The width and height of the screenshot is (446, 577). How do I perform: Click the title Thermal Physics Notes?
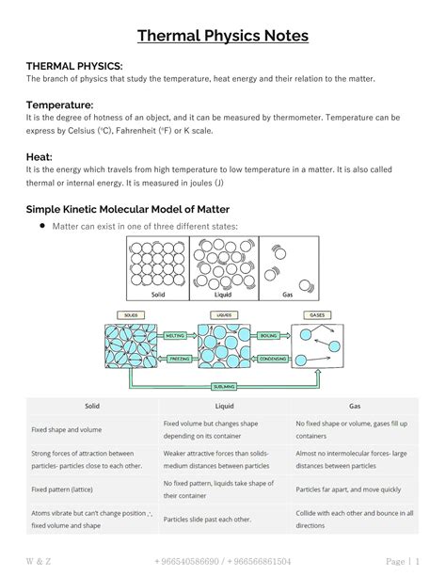223,37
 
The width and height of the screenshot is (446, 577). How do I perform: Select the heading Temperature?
59,104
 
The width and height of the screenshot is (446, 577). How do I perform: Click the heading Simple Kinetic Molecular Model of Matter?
127,208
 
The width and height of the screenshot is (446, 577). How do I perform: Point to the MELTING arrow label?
175,335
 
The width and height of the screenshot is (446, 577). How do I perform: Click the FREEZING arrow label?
175,358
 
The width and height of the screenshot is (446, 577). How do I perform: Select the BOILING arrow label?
268,335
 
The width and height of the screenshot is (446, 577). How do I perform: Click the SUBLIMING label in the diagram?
224,386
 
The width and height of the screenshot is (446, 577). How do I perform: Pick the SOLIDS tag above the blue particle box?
130,314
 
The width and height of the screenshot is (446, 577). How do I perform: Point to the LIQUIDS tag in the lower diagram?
224,314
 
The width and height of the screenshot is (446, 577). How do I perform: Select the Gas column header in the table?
355,406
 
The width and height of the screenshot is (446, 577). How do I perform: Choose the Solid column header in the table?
92,406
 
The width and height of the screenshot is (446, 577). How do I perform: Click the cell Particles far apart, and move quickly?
347,489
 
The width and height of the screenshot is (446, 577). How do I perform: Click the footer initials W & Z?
40,561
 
